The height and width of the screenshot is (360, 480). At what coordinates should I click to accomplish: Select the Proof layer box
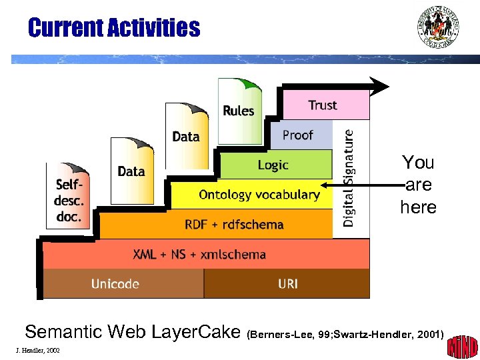pos(300,135)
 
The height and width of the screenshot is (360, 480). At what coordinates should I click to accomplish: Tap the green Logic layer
pos(274,165)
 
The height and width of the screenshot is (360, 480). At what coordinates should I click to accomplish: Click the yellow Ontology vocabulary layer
pos(259,195)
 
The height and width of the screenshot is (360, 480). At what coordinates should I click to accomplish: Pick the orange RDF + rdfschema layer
pos(233,224)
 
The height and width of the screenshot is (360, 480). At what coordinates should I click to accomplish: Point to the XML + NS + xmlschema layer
pos(200,254)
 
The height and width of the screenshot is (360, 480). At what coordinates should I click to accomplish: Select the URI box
pos(287,284)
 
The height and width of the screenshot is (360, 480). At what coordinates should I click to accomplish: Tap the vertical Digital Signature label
pos(350,178)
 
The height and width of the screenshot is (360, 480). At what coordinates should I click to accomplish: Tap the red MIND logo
pos(462,345)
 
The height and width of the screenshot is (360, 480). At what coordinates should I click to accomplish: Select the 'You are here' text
pos(418,185)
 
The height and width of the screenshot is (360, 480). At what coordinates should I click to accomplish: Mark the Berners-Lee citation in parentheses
pos(345,333)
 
